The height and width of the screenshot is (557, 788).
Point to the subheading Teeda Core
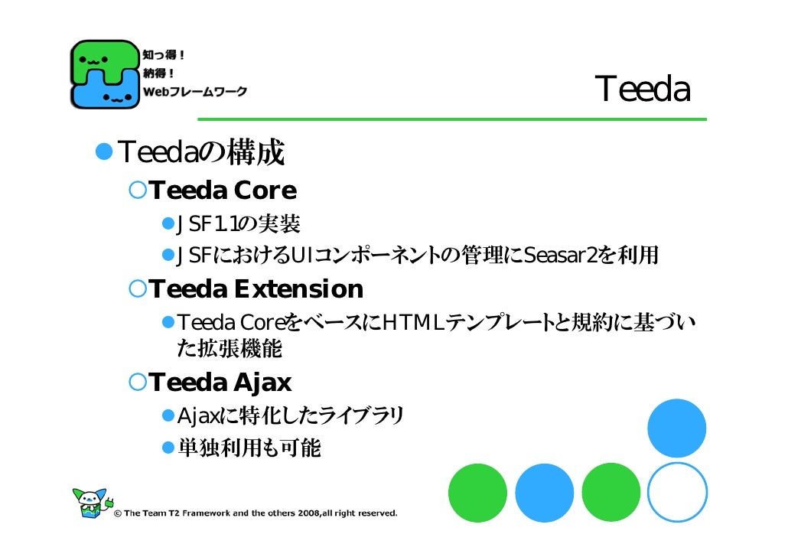pos(223,190)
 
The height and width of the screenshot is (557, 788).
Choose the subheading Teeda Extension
pos(256,289)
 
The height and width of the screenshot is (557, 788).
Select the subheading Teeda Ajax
pos(220,382)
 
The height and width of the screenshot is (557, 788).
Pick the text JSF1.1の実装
pos(239,224)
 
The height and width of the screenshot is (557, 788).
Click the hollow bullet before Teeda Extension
pos(137,289)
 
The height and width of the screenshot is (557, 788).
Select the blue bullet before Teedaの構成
pos(103,153)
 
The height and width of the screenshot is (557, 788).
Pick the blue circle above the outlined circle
pos(676,428)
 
